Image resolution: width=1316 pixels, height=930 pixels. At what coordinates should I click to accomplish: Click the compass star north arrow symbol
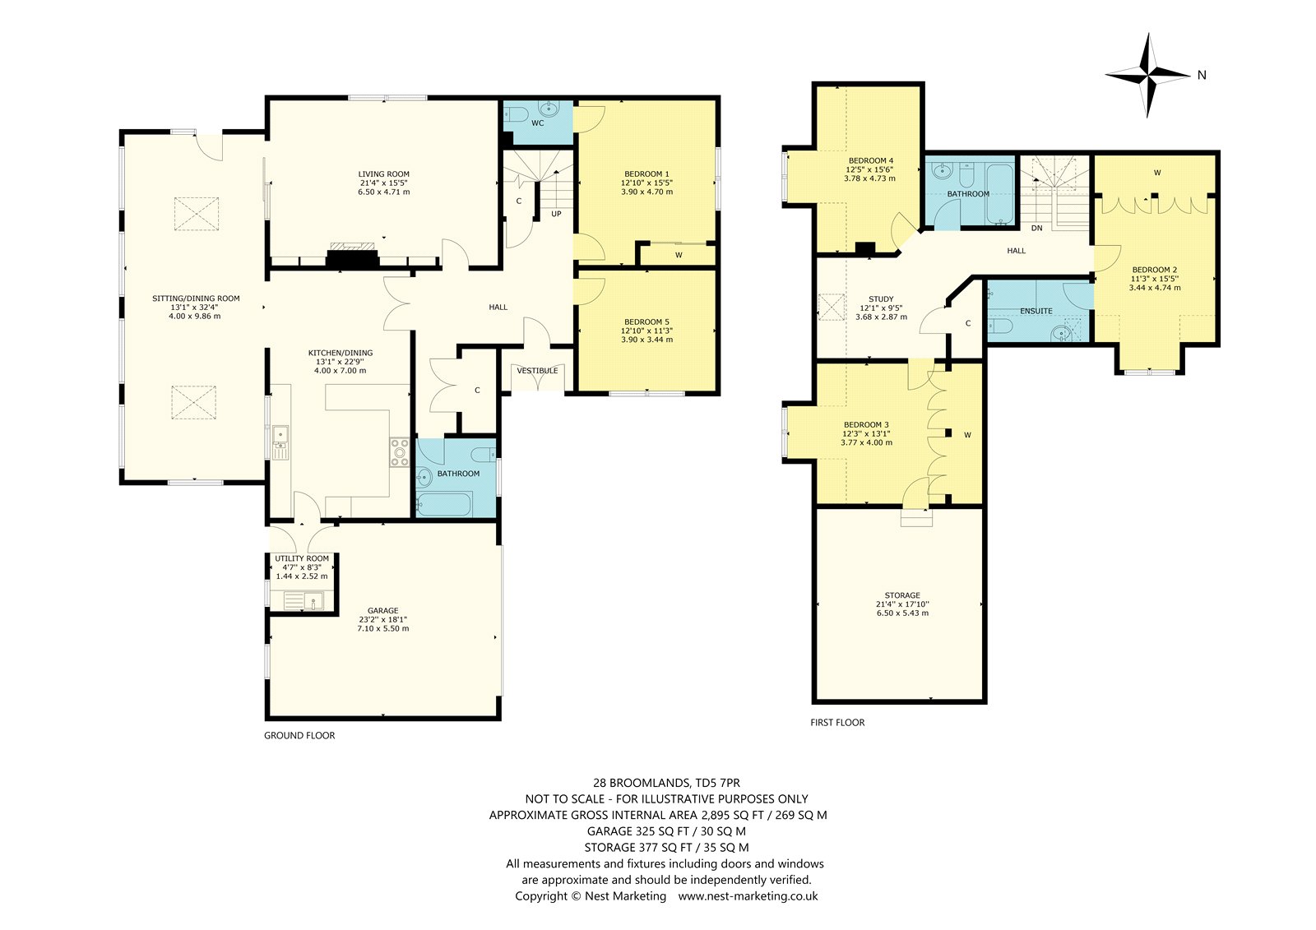coord(1147,75)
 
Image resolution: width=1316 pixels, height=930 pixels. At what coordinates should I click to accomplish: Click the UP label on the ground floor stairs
coord(556,214)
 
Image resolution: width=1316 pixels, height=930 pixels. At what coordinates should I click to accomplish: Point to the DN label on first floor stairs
coord(1036,228)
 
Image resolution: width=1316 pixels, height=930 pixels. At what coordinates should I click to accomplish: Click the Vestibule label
coord(537,371)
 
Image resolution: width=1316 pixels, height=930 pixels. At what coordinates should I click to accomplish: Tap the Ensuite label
coord(1036,311)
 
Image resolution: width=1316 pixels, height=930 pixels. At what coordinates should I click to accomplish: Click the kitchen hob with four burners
coord(400,453)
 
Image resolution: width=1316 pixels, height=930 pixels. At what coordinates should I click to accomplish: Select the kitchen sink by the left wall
coord(280,442)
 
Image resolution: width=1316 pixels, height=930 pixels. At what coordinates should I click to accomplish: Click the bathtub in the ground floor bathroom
coord(444,505)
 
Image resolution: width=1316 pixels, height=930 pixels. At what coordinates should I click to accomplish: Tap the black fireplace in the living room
coord(353,259)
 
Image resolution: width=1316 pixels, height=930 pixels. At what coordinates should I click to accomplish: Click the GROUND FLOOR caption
coord(299,736)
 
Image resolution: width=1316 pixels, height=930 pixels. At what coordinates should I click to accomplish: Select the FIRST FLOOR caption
coord(837,723)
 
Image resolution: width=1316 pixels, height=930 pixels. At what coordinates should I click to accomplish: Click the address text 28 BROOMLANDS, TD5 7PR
coord(666,783)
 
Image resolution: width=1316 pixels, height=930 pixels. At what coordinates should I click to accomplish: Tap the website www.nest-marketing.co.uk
coord(748,896)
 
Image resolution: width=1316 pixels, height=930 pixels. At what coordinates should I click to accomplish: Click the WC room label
coord(538,123)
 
